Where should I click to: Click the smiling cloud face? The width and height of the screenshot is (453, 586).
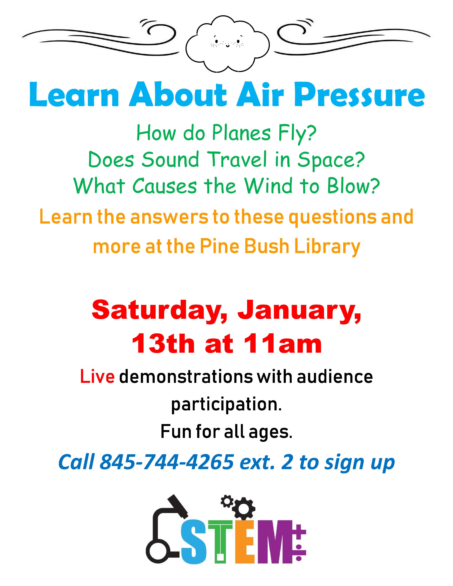(227, 45)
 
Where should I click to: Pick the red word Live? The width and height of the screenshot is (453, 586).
(97, 377)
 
